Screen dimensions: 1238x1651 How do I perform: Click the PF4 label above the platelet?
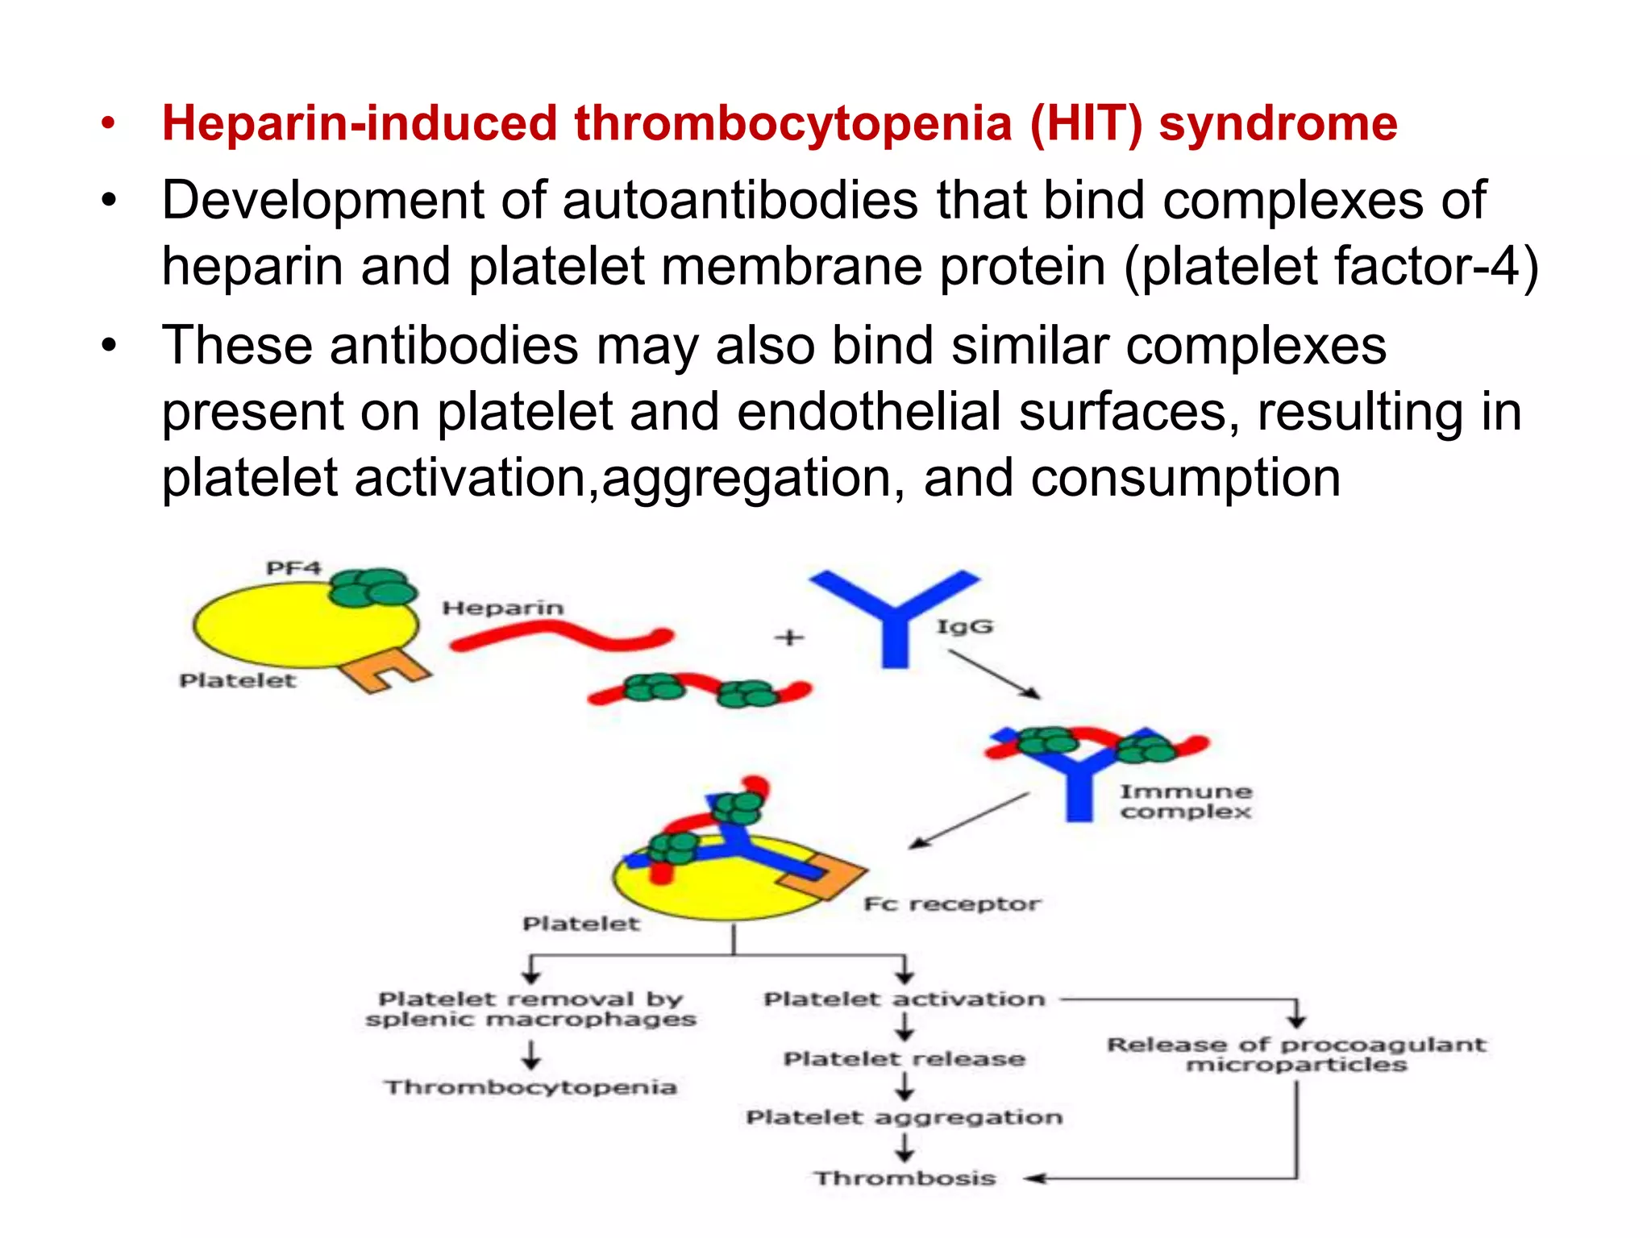[x=293, y=568]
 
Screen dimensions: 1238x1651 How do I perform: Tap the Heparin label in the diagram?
[x=502, y=608]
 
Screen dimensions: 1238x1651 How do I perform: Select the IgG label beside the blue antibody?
[x=964, y=626]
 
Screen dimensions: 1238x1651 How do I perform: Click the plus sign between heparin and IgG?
[x=789, y=638]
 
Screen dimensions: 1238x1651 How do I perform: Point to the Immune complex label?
[x=1185, y=801]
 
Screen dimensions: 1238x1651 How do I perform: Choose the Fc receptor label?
[x=951, y=904]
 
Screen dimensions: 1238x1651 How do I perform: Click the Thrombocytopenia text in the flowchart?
[x=530, y=1087]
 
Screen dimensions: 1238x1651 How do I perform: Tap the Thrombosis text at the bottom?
[x=905, y=1178]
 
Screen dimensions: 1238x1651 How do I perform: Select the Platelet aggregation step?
[x=905, y=1117]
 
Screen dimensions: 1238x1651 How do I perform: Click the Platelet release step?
[x=905, y=1058]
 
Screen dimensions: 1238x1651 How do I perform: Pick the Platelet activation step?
[x=905, y=999]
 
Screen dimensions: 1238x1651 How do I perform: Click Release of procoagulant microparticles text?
[x=1296, y=1054]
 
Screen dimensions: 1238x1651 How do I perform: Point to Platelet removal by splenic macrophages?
[x=530, y=1009]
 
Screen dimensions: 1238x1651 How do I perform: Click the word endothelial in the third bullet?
[x=869, y=411]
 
